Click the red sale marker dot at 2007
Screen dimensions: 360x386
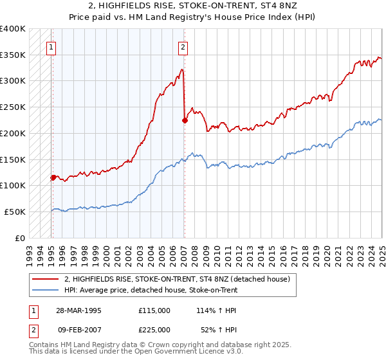(185, 120)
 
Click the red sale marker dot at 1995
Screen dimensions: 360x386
(53, 177)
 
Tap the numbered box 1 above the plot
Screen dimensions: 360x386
(50, 46)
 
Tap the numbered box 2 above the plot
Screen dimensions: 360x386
(183, 46)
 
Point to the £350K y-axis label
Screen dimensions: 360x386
(13, 55)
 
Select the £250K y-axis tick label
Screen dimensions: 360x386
(13, 107)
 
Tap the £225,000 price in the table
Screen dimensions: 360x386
(154, 330)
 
